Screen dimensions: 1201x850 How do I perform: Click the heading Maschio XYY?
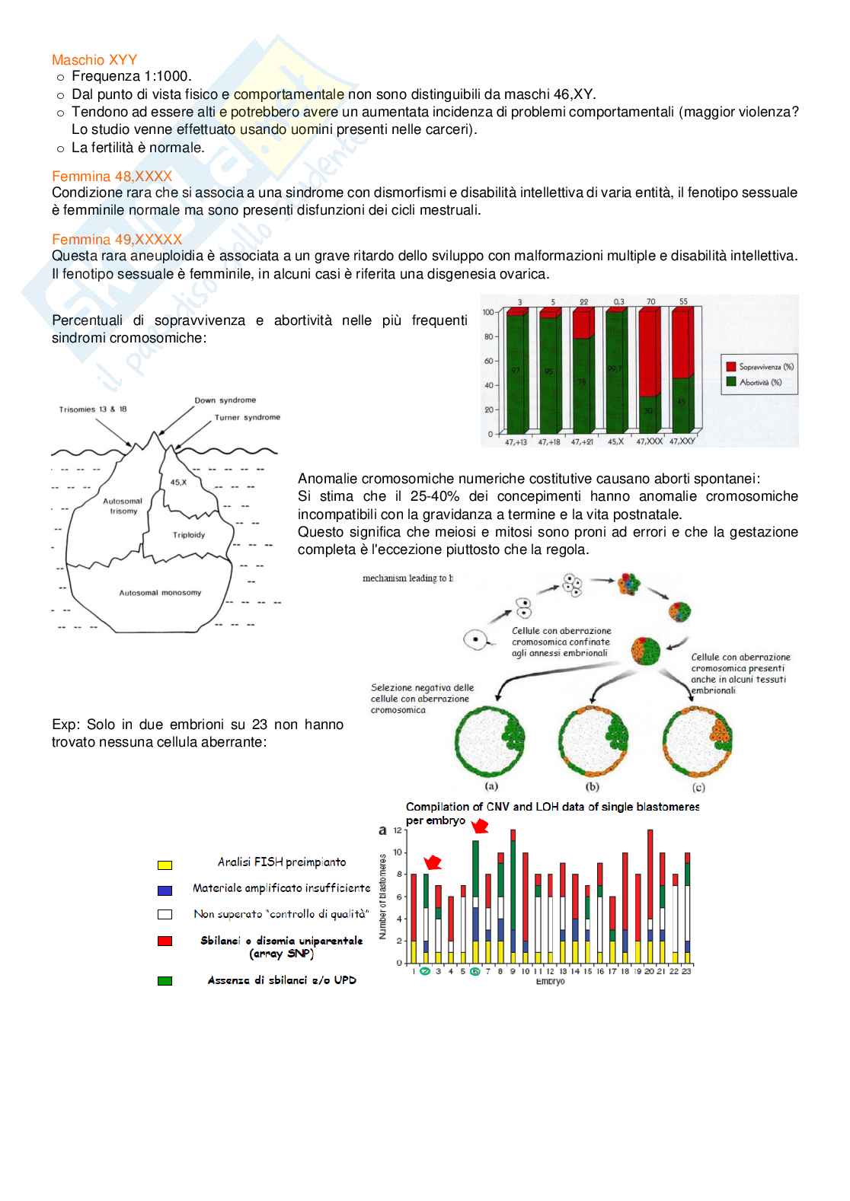pos(94,59)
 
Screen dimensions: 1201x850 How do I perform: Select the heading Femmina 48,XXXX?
pos(112,177)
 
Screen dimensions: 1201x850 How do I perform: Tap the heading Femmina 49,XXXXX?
pos(117,240)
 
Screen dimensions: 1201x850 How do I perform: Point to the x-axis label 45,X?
pos(616,441)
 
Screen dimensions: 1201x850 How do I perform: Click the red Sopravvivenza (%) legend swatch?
pos(731,367)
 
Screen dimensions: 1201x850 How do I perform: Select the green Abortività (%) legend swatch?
pos(731,382)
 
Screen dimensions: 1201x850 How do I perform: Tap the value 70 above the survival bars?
pos(650,302)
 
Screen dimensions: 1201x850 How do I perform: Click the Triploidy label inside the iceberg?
pos(189,535)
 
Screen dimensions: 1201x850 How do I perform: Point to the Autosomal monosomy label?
pos(160,593)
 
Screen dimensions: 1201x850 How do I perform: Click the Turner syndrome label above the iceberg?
pos(247,417)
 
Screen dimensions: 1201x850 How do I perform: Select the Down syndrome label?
pos(225,400)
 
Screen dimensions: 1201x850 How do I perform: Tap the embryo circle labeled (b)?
pos(593,741)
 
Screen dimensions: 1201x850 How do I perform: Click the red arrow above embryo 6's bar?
pos(480,827)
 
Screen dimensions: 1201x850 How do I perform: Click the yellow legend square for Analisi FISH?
pos(165,865)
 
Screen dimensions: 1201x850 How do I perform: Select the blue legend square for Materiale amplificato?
pos(165,890)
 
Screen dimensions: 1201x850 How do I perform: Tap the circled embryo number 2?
pos(426,971)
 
